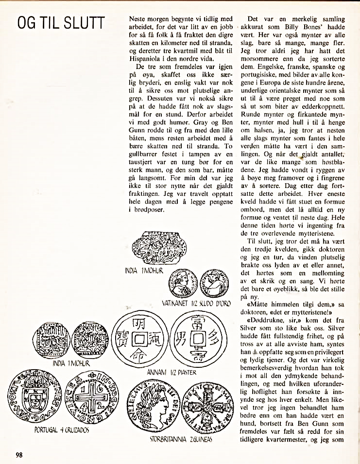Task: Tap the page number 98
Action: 19,455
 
